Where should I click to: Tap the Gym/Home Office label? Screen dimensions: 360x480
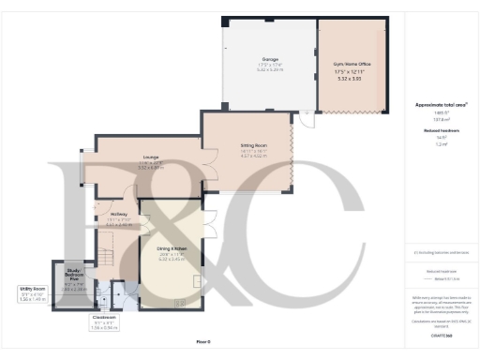click(348, 64)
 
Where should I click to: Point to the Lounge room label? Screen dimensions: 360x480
click(152, 157)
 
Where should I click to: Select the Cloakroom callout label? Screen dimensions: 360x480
click(103, 317)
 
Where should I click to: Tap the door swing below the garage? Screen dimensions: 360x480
click(305, 118)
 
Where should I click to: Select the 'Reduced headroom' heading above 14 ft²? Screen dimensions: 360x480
click(435, 130)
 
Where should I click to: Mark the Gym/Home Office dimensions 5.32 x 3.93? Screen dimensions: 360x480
click(348, 79)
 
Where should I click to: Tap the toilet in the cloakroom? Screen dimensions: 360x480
click(118, 301)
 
